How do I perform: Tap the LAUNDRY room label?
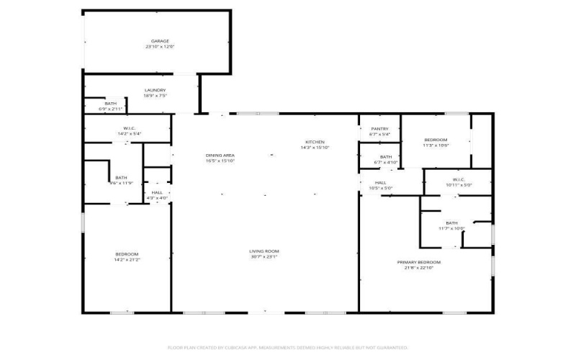[x=155, y=90]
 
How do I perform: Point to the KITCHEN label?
[x=315, y=142]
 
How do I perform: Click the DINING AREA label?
[x=220, y=155]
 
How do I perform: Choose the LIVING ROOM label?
[x=264, y=251]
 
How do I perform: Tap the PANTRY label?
[x=379, y=128]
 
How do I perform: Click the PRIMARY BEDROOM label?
[x=419, y=262]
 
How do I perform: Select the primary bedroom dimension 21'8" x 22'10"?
[x=419, y=268]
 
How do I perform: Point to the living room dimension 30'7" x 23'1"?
[x=264, y=256]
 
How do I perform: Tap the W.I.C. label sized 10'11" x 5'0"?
[x=458, y=179]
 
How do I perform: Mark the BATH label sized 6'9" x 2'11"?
[x=111, y=104]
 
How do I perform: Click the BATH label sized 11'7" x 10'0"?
[x=451, y=223]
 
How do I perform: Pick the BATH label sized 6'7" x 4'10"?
[x=386, y=156]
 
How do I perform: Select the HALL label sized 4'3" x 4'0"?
[x=157, y=192]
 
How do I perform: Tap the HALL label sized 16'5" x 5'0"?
[x=380, y=183]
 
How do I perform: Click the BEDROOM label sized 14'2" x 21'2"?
[x=127, y=254]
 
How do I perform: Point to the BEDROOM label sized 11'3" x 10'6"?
[x=436, y=140]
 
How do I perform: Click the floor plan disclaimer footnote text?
[x=288, y=347]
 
